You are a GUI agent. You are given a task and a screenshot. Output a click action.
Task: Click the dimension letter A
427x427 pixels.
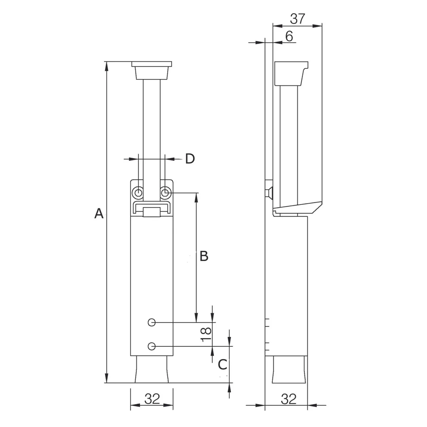pos(99,213)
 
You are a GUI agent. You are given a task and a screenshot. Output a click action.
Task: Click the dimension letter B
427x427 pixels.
pos(204,256)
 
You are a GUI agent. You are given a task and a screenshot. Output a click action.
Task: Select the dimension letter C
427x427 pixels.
pos(223,365)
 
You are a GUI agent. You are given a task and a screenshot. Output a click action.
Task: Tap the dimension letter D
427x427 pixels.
pos(190,159)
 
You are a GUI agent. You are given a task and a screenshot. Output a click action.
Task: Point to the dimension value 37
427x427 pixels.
pos(297,19)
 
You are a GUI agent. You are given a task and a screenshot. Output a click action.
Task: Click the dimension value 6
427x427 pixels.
pos(289,36)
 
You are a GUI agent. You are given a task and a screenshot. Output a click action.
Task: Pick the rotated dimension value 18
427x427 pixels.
pos(206,334)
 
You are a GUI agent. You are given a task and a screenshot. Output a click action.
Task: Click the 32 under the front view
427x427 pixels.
pos(152,399)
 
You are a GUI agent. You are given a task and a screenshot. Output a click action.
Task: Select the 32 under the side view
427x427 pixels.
pos(288,399)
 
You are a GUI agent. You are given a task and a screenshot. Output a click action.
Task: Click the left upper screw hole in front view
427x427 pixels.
pos(138,193)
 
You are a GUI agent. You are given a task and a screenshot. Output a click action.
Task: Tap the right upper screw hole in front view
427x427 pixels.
pos(165,193)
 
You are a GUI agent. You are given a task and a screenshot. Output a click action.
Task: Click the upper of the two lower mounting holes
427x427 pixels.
pos(152,323)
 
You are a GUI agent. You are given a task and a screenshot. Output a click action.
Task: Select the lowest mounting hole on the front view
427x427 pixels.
pos(152,346)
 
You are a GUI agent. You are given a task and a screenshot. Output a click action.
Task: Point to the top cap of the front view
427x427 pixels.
pos(152,70)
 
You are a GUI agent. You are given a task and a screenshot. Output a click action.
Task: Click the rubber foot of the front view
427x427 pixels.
pos(152,369)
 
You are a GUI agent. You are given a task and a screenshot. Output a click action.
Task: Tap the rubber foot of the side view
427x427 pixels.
pos(289,369)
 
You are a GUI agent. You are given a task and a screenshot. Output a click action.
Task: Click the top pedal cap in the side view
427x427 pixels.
pos(291,74)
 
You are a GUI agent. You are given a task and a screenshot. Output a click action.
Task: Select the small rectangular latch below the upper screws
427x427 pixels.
pos(152,212)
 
